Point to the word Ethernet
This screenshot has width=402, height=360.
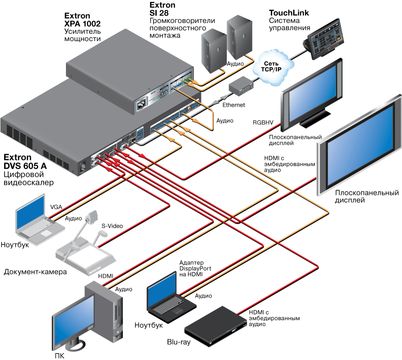point(233,105)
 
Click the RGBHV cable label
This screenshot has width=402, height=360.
point(263,121)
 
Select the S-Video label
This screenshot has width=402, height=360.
point(112,226)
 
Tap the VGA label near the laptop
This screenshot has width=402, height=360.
point(56,207)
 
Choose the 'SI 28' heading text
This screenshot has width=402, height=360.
point(159,13)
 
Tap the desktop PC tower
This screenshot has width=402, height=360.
point(105,310)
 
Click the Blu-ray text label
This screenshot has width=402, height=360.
point(178,342)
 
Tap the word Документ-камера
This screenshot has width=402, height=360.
point(35,272)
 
